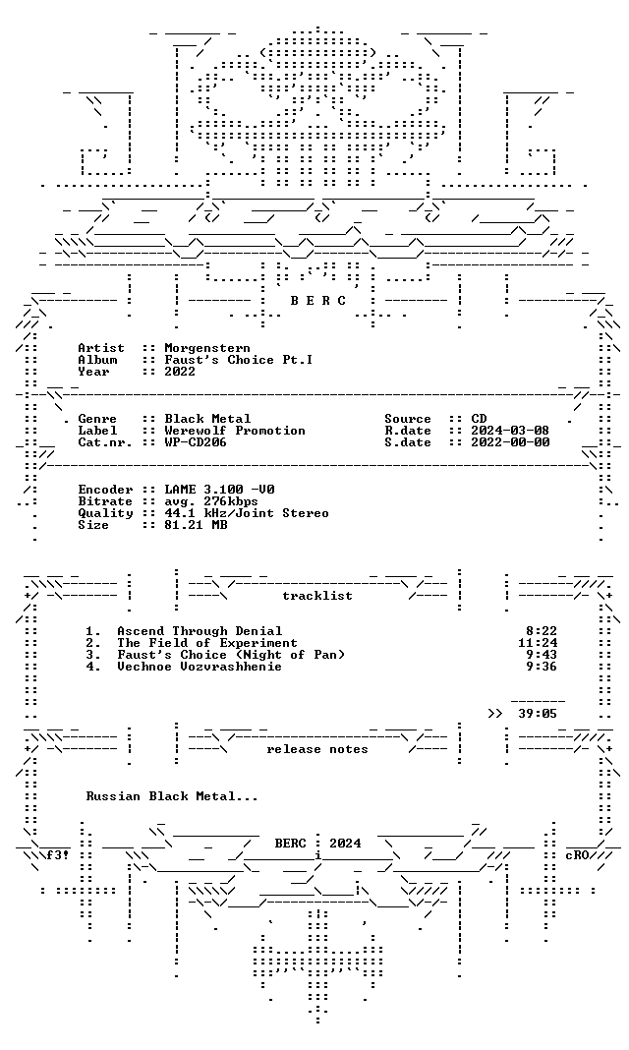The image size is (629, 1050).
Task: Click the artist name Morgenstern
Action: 207,348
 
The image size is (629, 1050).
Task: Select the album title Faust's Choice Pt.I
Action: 239,360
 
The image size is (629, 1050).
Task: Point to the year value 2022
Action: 180,372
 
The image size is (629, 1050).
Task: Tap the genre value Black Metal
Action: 207,419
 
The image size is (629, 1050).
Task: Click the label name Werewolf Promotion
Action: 235,431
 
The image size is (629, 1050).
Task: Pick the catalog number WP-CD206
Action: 196,442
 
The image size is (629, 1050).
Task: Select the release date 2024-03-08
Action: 510,431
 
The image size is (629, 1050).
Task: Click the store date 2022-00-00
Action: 510,442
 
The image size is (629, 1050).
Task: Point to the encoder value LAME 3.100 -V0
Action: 219,490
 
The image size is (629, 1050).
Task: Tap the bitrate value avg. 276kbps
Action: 211,501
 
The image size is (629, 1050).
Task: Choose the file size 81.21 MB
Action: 196,525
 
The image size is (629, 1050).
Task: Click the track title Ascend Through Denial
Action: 200,631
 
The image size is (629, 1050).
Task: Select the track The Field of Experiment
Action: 207,643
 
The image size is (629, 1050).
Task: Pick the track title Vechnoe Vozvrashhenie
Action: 200,667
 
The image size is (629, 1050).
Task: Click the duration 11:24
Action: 533,643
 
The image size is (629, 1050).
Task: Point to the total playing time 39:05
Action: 538,714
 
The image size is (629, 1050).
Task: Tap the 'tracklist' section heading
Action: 317,596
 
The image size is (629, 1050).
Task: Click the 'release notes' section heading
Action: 317,749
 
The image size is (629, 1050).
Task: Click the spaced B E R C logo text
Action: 317,301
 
